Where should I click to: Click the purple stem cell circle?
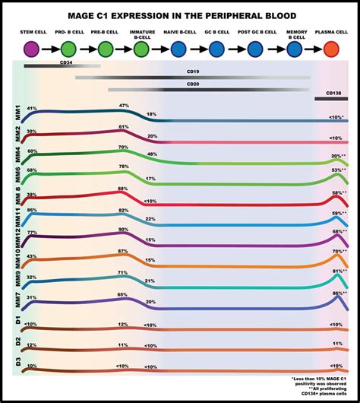tap(32, 50)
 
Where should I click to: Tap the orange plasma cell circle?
tap(332, 50)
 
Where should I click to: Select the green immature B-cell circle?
tap(141, 50)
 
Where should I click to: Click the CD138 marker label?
tap(332, 92)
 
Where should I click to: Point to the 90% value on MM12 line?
tap(123, 230)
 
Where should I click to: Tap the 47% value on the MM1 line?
tap(124, 106)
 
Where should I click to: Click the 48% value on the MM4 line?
tap(152, 154)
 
